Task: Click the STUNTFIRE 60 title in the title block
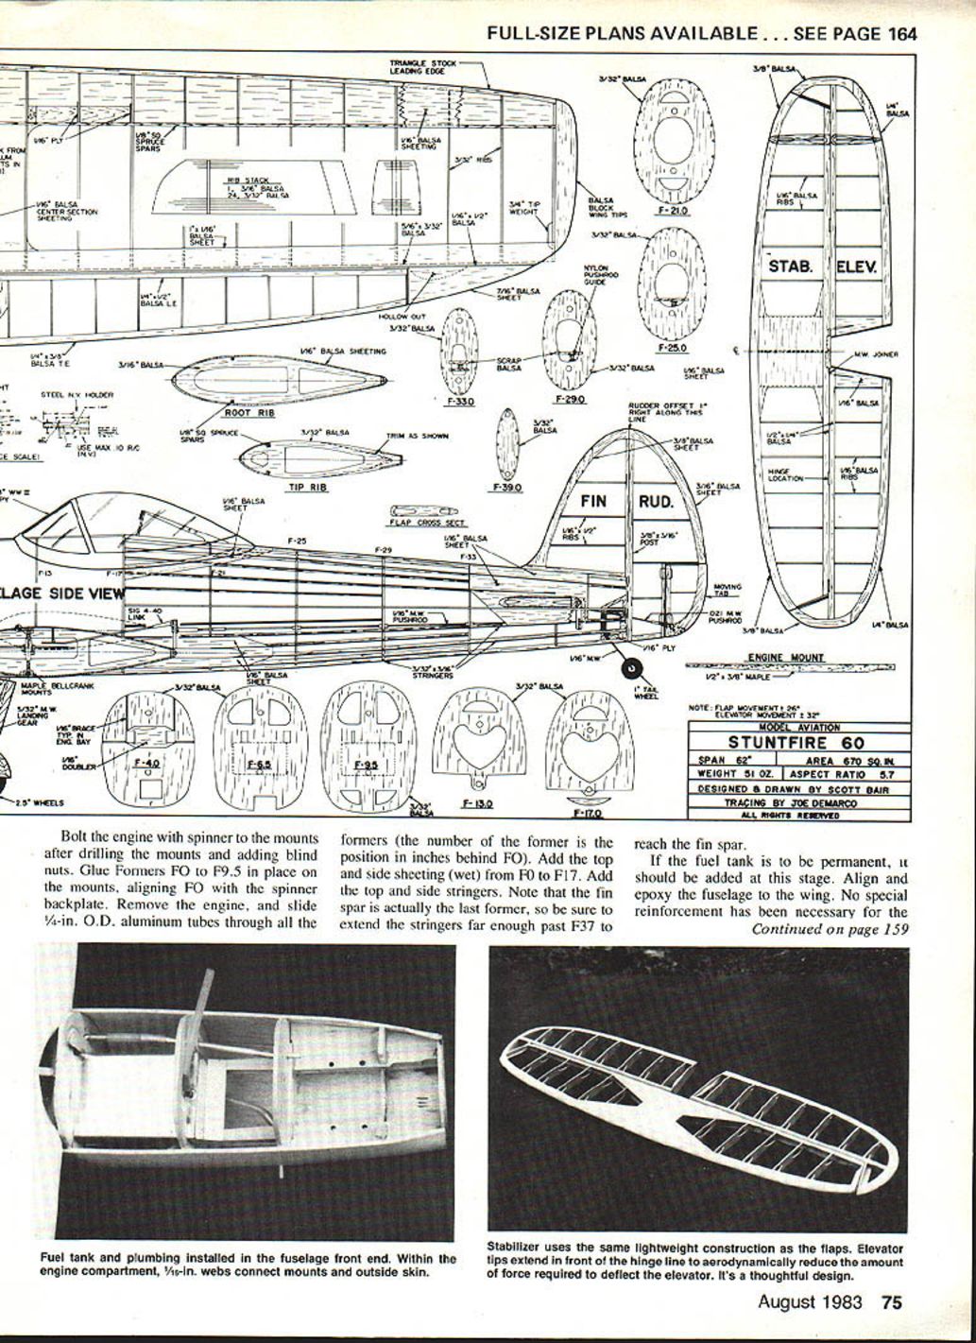pos(796,743)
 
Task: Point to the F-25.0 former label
pos(673,348)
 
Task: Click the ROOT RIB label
pos(248,412)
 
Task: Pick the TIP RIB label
pos(305,488)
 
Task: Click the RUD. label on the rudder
pos(656,501)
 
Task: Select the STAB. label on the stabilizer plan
pos(790,267)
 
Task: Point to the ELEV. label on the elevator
pos(856,267)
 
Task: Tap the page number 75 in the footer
pos(891,1301)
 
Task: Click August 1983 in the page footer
pos(810,1301)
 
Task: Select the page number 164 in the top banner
pos(902,34)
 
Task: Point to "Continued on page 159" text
pos(830,929)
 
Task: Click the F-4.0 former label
pos(148,762)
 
